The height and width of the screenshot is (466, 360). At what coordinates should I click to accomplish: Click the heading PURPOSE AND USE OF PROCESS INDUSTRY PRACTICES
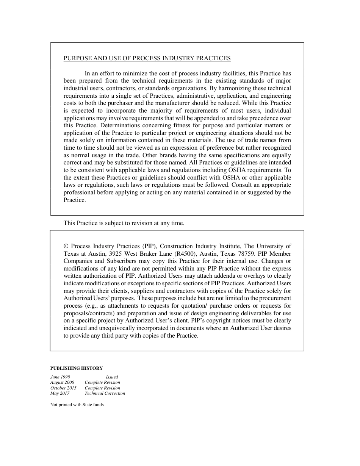click(x=147, y=58)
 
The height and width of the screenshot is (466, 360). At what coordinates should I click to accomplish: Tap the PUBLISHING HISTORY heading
click(x=77, y=368)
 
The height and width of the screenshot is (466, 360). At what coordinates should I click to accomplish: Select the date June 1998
click(x=60, y=377)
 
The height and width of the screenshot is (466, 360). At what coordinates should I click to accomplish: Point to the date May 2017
click(x=60, y=393)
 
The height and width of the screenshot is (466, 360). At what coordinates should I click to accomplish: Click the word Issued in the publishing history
click(x=112, y=377)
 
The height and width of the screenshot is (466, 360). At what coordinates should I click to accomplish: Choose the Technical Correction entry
click(x=105, y=393)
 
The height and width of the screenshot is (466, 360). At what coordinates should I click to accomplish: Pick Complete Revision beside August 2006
click(x=102, y=383)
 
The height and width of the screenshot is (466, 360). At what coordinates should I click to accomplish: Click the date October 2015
click(x=63, y=388)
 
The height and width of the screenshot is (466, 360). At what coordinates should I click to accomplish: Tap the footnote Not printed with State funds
click(x=77, y=405)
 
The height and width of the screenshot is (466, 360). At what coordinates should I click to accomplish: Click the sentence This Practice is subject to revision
click(x=124, y=223)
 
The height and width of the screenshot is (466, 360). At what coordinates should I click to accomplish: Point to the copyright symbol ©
click(x=66, y=246)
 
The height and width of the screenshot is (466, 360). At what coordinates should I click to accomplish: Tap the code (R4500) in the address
click(x=184, y=254)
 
